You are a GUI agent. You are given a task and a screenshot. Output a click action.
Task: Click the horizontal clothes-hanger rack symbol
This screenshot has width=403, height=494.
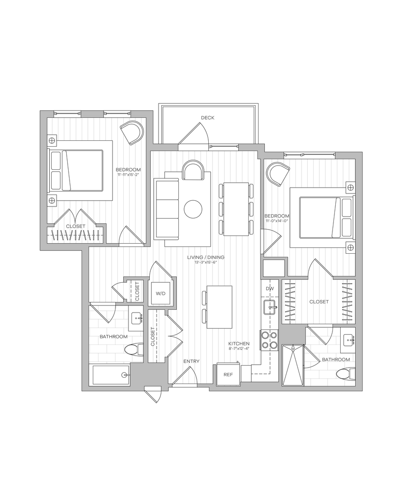click(x=76, y=236)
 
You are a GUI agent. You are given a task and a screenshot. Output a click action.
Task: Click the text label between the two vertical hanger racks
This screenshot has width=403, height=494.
click(x=319, y=302)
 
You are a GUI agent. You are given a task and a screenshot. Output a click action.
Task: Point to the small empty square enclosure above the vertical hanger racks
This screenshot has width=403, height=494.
click(x=274, y=267)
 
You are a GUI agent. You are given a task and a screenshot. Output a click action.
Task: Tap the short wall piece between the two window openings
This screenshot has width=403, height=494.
click(x=92, y=114)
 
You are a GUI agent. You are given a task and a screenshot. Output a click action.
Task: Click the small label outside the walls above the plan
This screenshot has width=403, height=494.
click(x=208, y=118)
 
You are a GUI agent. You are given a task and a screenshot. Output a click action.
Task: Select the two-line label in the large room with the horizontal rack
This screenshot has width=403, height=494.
click(x=128, y=171)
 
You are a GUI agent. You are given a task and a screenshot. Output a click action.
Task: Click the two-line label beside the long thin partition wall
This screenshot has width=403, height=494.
click(x=277, y=218)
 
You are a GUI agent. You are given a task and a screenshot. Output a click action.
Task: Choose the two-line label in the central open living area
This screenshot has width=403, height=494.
click(x=206, y=260)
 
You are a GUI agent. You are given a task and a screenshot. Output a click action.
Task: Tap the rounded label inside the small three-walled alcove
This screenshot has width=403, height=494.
click(x=161, y=293)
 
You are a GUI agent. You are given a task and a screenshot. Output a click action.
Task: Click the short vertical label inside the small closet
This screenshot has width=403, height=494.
click(x=138, y=291)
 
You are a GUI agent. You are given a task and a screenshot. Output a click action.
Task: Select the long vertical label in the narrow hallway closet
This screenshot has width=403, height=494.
click(x=152, y=337)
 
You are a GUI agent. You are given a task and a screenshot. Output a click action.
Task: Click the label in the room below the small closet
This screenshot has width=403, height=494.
click(x=114, y=337)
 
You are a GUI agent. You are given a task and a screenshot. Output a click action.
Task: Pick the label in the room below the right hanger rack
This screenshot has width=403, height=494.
click(x=336, y=359)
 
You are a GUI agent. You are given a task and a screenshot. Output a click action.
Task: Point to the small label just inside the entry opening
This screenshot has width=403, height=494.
click(x=191, y=361)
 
